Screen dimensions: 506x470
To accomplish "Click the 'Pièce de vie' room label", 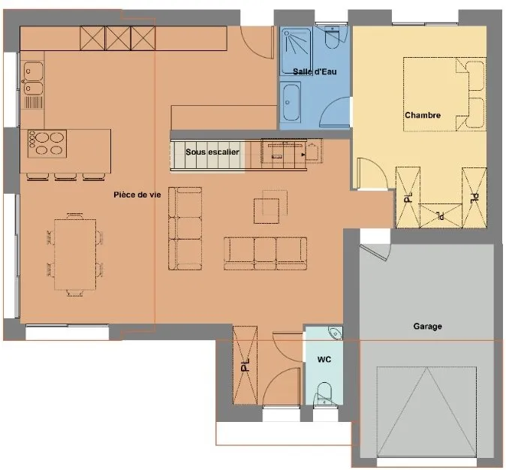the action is point(137,194).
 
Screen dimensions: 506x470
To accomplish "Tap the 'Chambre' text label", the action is point(423,115).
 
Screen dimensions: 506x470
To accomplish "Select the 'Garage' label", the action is point(428,326).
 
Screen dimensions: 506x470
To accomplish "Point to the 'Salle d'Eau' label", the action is point(315,71).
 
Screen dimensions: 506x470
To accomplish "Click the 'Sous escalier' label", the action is point(212,152).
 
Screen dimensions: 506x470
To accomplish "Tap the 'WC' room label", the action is point(324,360).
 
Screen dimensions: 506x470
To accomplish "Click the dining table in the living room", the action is point(75,255).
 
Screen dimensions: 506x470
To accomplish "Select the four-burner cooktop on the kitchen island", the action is point(47,143).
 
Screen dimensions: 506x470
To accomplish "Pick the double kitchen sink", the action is point(33,78).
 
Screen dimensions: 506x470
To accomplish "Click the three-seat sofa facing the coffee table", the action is point(265,254).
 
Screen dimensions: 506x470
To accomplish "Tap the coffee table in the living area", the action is point(267,211).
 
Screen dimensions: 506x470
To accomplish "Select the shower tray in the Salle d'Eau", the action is point(296,51).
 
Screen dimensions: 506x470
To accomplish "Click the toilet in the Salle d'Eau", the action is point(332,38).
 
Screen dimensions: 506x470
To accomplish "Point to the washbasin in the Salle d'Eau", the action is point(291,102).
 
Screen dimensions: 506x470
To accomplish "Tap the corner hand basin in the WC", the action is point(336,333).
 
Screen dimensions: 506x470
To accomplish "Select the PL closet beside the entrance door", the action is point(245,365).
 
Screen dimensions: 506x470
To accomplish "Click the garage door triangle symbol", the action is point(427,412).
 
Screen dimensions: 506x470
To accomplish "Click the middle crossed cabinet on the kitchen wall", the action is point(118,38).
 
